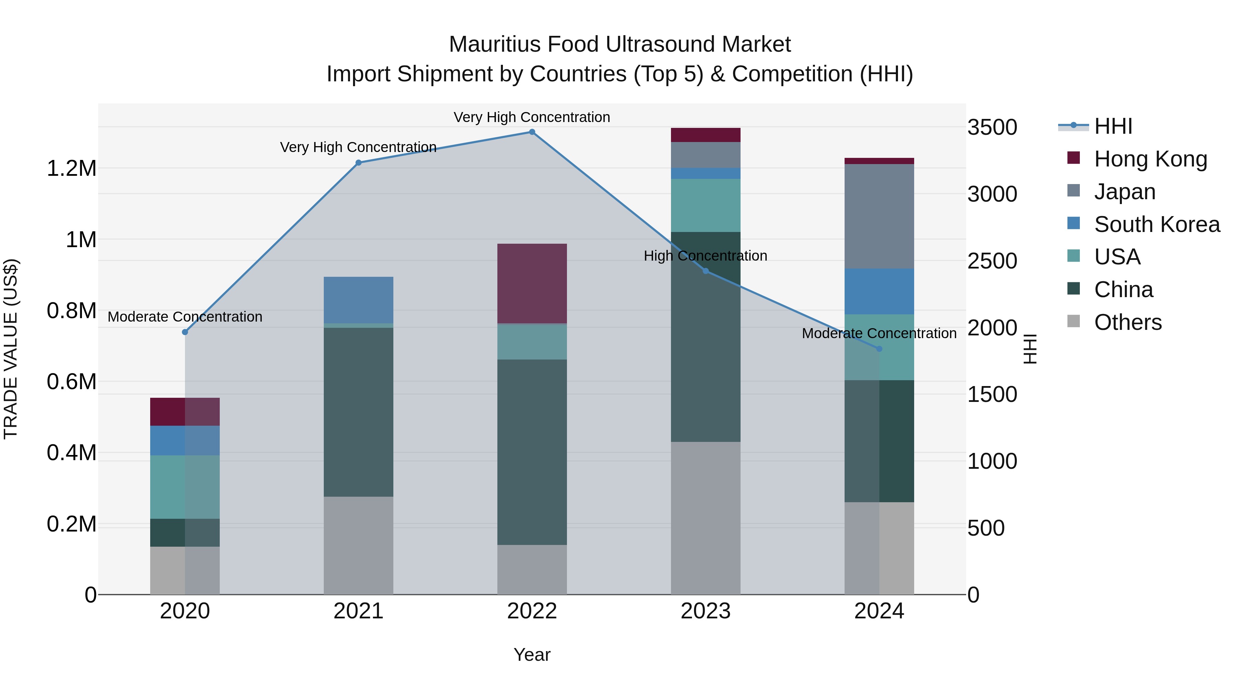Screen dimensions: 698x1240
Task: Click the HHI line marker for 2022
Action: (532, 132)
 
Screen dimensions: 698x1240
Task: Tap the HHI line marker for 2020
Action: (185, 332)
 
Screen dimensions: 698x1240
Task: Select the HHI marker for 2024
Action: (879, 349)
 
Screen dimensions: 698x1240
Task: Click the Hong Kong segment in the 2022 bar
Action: (532, 283)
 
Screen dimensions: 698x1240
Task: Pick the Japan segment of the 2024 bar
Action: (879, 216)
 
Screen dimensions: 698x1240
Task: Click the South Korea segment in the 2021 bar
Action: (358, 300)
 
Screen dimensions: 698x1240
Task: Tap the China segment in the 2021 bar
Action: (358, 412)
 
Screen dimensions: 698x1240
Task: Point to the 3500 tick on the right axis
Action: (992, 128)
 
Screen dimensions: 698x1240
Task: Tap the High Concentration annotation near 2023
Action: (705, 256)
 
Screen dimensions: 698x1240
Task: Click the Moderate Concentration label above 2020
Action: (185, 317)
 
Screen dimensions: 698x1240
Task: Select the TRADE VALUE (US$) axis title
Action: (11, 349)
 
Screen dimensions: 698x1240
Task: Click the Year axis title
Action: (532, 655)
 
